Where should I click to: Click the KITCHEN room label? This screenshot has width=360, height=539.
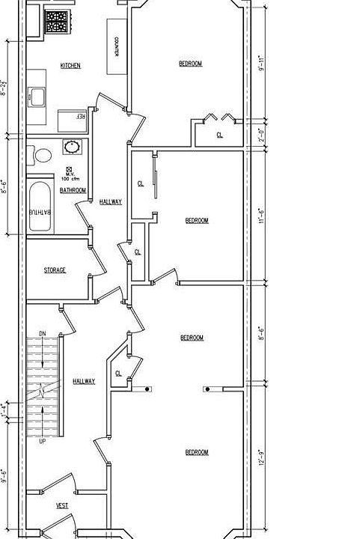(70, 66)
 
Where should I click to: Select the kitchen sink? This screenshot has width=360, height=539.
(37, 96)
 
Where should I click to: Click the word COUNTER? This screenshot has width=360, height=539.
(118, 49)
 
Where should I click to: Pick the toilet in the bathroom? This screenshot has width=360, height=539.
(43, 156)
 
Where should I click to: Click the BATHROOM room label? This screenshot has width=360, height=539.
(73, 190)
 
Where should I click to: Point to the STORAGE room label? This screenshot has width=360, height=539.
(54, 269)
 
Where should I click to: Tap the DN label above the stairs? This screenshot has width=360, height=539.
(43, 333)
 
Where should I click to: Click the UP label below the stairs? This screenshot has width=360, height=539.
(43, 442)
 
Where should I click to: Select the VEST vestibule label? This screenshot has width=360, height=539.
(62, 506)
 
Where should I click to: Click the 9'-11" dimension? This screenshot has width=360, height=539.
(261, 64)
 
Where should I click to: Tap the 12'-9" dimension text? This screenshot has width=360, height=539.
(261, 457)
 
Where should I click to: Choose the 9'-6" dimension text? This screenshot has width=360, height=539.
(4, 476)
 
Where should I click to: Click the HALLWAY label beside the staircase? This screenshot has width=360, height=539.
(84, 382)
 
